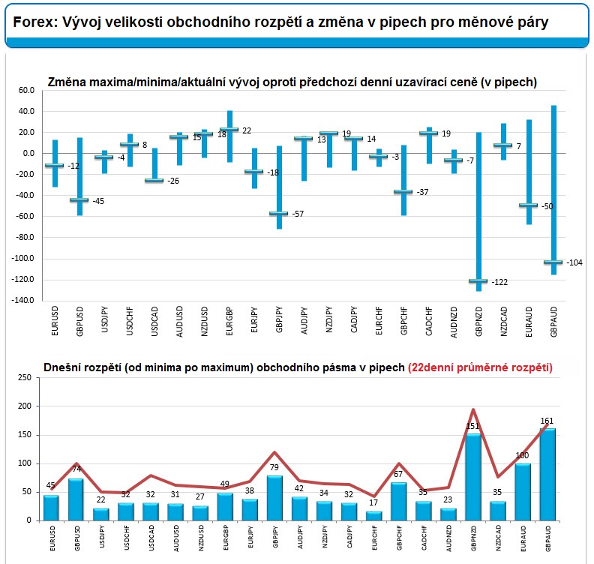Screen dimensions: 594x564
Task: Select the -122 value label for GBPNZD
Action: [x=499, y=282]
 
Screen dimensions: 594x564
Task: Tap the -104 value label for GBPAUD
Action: [x=574, y=262]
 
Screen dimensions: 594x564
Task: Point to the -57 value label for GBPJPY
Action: [x=298, y=214]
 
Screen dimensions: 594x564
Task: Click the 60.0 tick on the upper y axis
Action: [x=26, y=90]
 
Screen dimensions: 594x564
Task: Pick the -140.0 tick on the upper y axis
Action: [x=23, y=300]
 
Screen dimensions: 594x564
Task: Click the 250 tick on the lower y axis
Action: [x=24, y=378]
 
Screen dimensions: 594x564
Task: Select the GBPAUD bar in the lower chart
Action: [x=547, y=474]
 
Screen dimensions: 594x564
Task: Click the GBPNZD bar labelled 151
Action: [x=473, y=477]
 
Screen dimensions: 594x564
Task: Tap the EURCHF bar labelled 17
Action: [x=374, y=516]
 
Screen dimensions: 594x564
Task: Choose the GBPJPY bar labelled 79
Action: [x=274, y=498]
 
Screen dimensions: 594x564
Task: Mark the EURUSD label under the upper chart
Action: [x=55, y=321]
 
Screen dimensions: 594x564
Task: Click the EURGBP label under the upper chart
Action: [x=229, y=321]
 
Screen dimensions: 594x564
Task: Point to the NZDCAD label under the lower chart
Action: [x=498, y=538]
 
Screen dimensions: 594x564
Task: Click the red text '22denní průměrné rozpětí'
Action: [x=480, y=367]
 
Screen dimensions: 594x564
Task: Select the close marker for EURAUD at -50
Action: [x=529, y=205]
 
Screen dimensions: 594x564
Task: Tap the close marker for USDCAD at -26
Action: [x=154, y=180]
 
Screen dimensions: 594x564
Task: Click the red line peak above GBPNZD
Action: [x=473, y=409]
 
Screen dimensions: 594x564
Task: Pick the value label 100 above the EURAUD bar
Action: [x=523, y=455]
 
